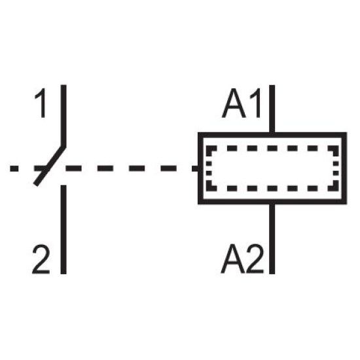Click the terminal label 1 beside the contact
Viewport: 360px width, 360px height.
[41, 103]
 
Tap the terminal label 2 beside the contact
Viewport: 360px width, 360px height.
[41, 259]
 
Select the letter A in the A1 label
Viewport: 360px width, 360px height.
[234, 103]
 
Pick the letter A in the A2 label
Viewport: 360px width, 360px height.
[233, 259]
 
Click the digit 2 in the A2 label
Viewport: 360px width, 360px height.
[255, 259]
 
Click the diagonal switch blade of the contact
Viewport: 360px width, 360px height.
[50, 165]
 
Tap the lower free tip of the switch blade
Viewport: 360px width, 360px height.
[36, 184]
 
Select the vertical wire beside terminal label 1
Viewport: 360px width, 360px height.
[63, 115]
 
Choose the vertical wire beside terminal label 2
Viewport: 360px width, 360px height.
[63, 229]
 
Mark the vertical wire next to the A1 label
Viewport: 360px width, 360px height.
[272, 109]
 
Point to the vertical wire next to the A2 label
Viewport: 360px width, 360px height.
[272, 238]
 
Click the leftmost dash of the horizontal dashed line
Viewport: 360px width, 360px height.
[14, 168]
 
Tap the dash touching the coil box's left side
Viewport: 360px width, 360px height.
[196, 168]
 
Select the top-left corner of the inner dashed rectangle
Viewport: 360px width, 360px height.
[208, 148]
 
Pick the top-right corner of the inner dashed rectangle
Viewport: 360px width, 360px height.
[336, 148]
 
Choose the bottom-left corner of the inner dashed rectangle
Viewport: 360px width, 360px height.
[208, 189]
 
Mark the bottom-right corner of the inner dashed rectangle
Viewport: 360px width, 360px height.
[336, 189]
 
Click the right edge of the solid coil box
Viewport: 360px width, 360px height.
[344, 168]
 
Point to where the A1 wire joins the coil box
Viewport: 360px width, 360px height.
[272, 135]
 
